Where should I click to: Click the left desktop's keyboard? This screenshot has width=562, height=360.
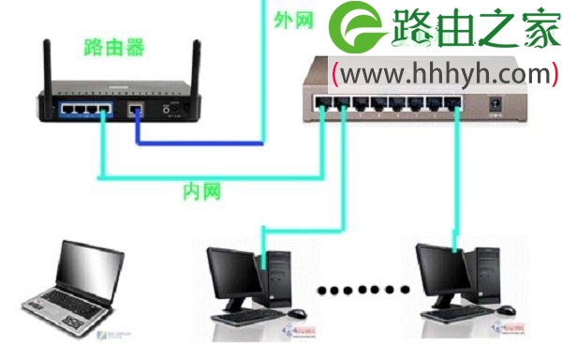point(244,318)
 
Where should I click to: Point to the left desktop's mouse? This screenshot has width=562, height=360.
point(297,313)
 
